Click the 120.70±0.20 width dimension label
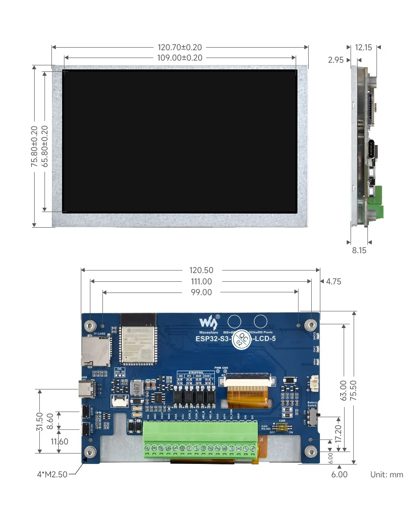(x=180, y=47)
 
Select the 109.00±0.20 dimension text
(x=180, y=58)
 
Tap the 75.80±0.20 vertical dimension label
(x=35, y=146)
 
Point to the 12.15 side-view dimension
(x=363, y=47)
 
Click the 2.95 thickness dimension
(x=336, y=60)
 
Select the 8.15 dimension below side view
(x=359, y=250)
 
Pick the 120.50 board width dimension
(x=201, y=270)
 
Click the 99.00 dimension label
(x=201, y=293)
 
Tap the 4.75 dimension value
(x=333, y=282)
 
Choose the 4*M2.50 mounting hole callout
(x=52, y=474)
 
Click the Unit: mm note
(x=386, y=475)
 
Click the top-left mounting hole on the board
(x=90, y=325)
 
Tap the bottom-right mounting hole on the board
(x=311, y=452)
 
